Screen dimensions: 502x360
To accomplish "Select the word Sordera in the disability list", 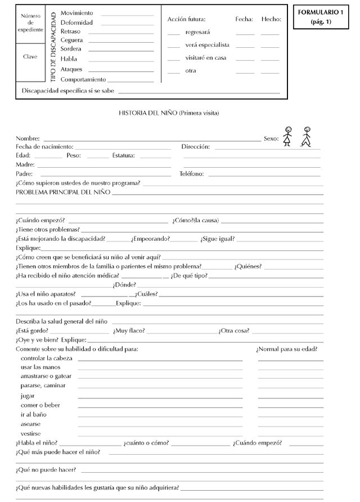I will tap(70, 49).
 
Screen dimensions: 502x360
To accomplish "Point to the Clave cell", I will tap(30, 57).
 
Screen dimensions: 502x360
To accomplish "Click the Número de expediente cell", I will tap(30, 23).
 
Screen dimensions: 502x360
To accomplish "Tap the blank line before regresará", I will tap(174, 33).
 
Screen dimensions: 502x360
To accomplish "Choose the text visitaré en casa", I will tap(206, 57).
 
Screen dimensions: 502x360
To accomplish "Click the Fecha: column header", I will tap(244, 19).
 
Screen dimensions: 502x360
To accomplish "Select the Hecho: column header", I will tap(271, 19).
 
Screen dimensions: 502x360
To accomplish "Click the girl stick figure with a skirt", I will tap(307, 136).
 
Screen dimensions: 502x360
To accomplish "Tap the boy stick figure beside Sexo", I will tap(287, 136).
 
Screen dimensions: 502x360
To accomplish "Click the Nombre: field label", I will tap(28, 138).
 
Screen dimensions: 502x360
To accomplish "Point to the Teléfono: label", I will tap(191, 174).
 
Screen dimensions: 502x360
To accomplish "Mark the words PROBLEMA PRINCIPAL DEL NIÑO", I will tap(62, 192).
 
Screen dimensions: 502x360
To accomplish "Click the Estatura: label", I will tap(123, 156).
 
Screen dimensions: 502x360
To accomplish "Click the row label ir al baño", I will tap(34, 414).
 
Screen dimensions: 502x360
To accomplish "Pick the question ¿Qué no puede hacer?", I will tap(46, 470).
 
